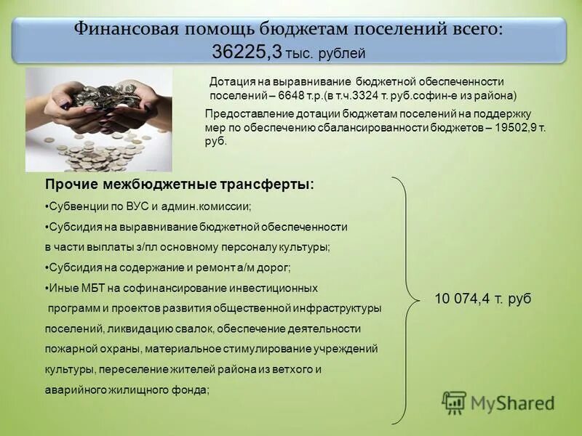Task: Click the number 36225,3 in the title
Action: pyautogui.click(x=247, y=52)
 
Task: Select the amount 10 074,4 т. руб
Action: pyautogui.click(x=483, y=299)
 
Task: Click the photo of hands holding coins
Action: pyautogui.click(x=99, y=119)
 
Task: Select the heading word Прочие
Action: pyautogui.click(x=71, y=185)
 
